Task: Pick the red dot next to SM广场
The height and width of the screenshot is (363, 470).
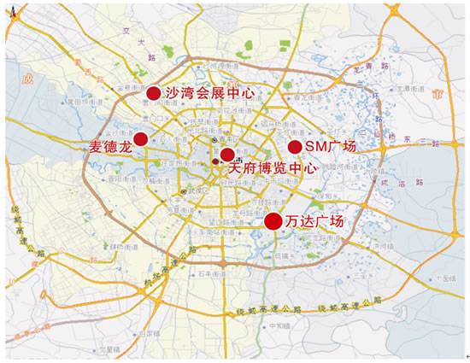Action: pos(294,148)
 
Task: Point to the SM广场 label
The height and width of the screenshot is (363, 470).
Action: pos(331,148)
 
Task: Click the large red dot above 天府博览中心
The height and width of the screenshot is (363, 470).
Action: pos(226,155)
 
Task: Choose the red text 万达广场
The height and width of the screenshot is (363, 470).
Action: pos(315,222)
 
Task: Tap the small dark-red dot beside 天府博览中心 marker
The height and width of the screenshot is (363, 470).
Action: pos(215,161)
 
